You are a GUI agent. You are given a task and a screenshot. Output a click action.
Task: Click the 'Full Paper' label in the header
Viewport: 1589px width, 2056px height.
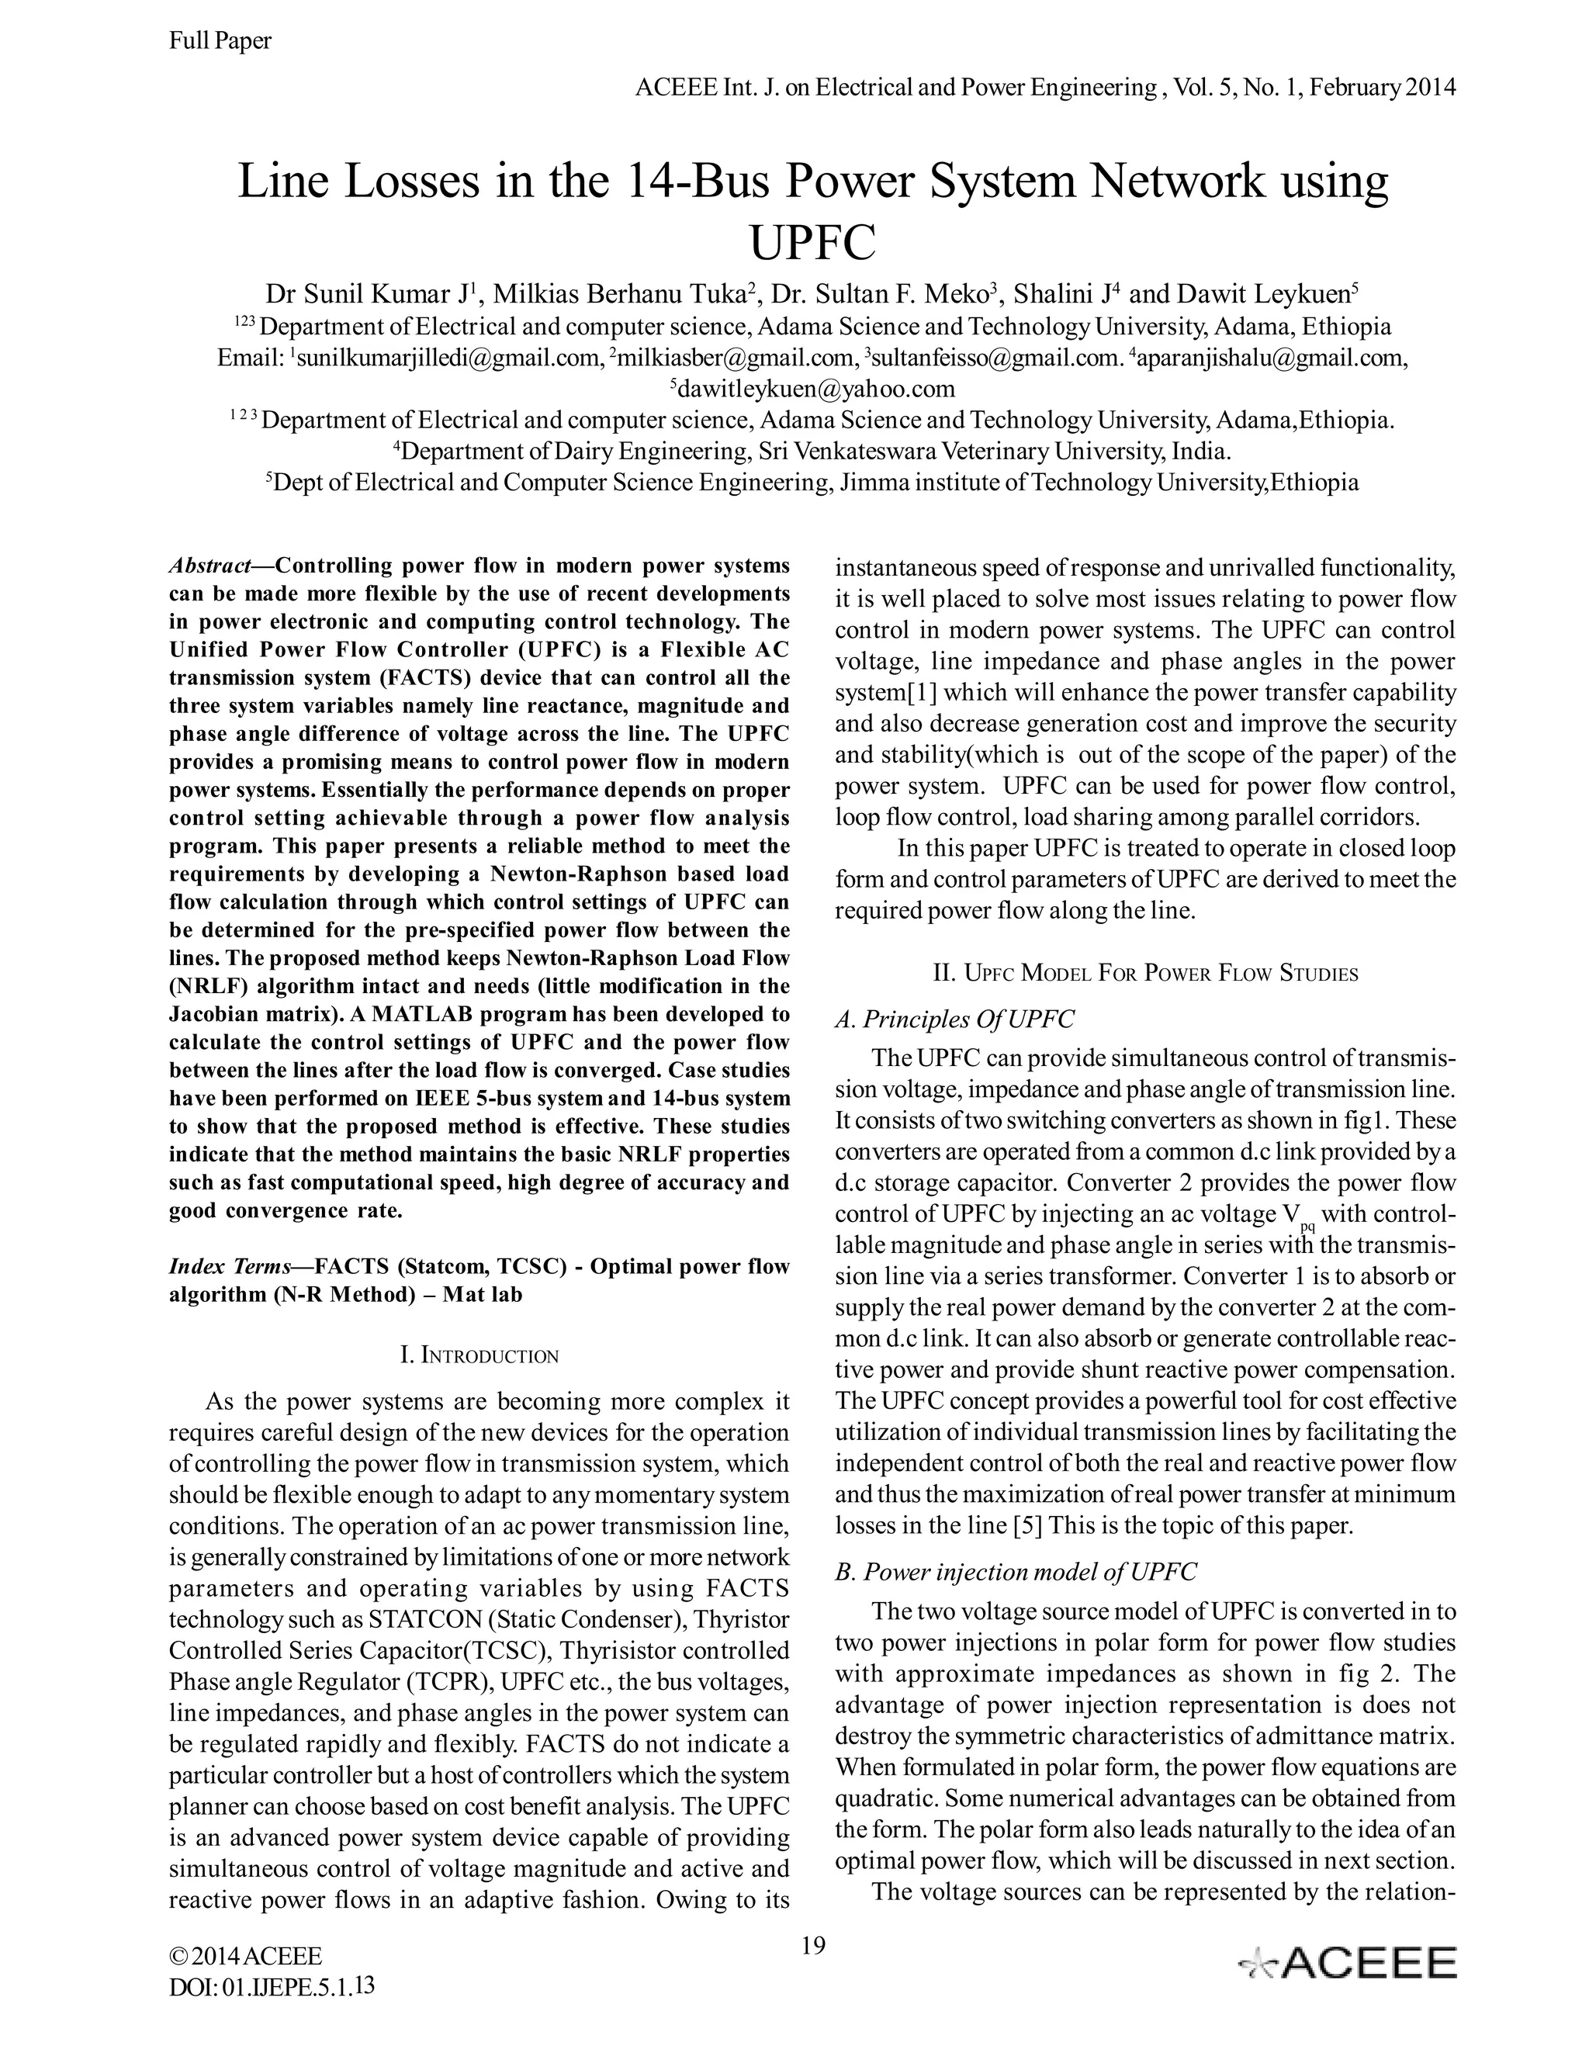(x=220, y=40)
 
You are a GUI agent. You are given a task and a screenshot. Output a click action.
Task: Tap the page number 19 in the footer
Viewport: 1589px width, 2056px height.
(x=813, y=1945)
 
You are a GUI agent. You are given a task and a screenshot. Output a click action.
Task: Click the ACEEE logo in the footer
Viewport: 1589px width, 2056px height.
(x=1347, y=1964)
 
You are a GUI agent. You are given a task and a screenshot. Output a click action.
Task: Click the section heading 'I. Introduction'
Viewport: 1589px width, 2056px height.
(x=479, y=1355)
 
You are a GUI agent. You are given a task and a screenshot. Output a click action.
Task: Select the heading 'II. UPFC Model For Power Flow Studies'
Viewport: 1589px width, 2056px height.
(x=1144, y=974)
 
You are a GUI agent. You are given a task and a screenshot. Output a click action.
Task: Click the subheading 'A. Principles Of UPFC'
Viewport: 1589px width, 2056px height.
(x=954, y=1019)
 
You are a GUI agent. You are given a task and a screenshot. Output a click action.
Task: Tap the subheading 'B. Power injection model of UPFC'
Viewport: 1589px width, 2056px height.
(x=1016, y=1571)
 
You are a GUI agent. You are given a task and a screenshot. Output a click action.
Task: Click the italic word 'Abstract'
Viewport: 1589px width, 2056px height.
(x=209, y=566)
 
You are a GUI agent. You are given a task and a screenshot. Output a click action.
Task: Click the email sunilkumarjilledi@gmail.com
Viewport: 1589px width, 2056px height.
(x=446, y=358)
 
